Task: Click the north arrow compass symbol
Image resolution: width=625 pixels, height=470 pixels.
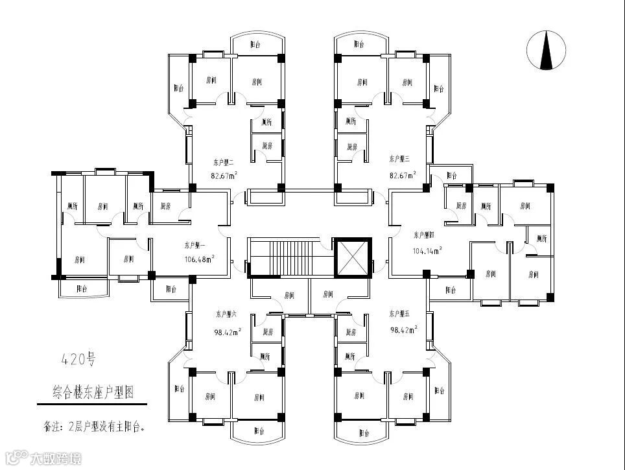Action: (x=547, y=51)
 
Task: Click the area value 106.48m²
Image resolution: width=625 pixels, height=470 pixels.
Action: (x=199, y=258)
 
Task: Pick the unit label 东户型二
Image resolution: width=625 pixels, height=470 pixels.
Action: (x=222, y=161)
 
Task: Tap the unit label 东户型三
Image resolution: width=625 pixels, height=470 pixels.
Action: (x=400, y=158)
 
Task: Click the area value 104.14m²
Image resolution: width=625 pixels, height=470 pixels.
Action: (x=428, y=250)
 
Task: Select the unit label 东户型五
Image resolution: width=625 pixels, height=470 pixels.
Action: (x=400, y=314)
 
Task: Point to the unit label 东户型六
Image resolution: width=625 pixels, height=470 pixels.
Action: (x=226, y=314)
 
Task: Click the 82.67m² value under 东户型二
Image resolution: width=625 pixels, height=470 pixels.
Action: (x=223, y=175)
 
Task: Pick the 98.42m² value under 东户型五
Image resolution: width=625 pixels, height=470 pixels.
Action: (x=403, y=329)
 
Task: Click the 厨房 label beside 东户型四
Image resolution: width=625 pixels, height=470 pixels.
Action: (x=462, y=206)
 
